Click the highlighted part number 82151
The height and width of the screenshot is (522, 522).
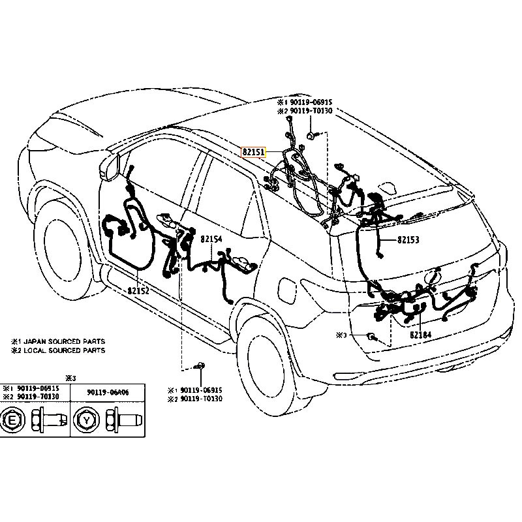(x=254, y=152)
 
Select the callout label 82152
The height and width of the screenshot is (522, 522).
(x=138, y=291)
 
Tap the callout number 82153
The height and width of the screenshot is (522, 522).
(x=408, y=240)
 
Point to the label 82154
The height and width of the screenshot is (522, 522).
(x=211, y=239)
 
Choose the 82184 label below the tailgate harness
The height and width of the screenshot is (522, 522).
(x=420, y=335)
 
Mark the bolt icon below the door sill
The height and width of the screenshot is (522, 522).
(x=201, y=366)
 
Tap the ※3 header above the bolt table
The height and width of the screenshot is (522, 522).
(x=71, y=377)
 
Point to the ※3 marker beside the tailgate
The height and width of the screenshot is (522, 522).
(x=340, y=335)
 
